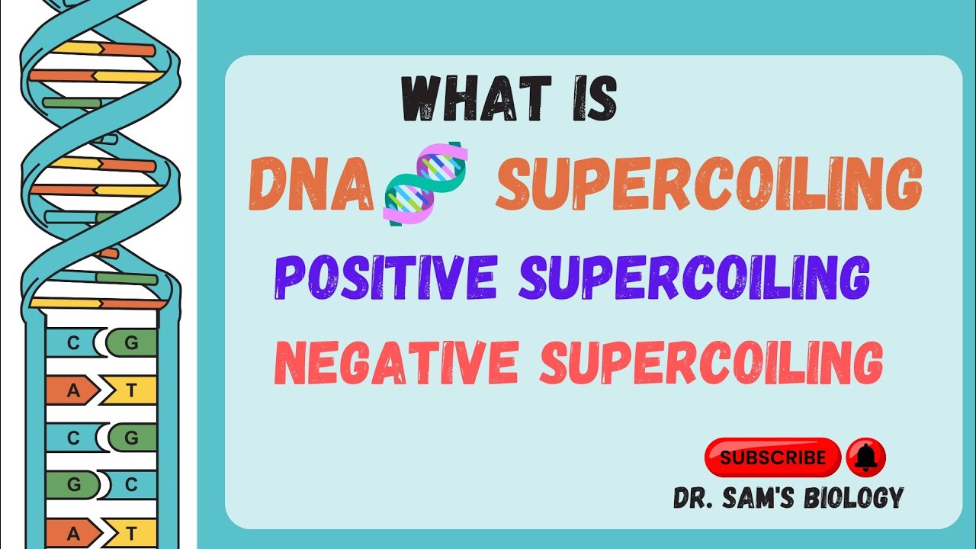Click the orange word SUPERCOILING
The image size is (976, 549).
[x=709, y=184]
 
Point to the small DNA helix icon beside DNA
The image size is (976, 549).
[x=425, y=184]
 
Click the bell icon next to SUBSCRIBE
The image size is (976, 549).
[x=865, y=457]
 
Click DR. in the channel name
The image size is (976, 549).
[x=694, y=499]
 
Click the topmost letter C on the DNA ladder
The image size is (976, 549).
[x=73, y=343]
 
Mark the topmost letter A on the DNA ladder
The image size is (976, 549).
[x=73, y=390]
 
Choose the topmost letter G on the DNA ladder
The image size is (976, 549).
[x=131, y=343]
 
